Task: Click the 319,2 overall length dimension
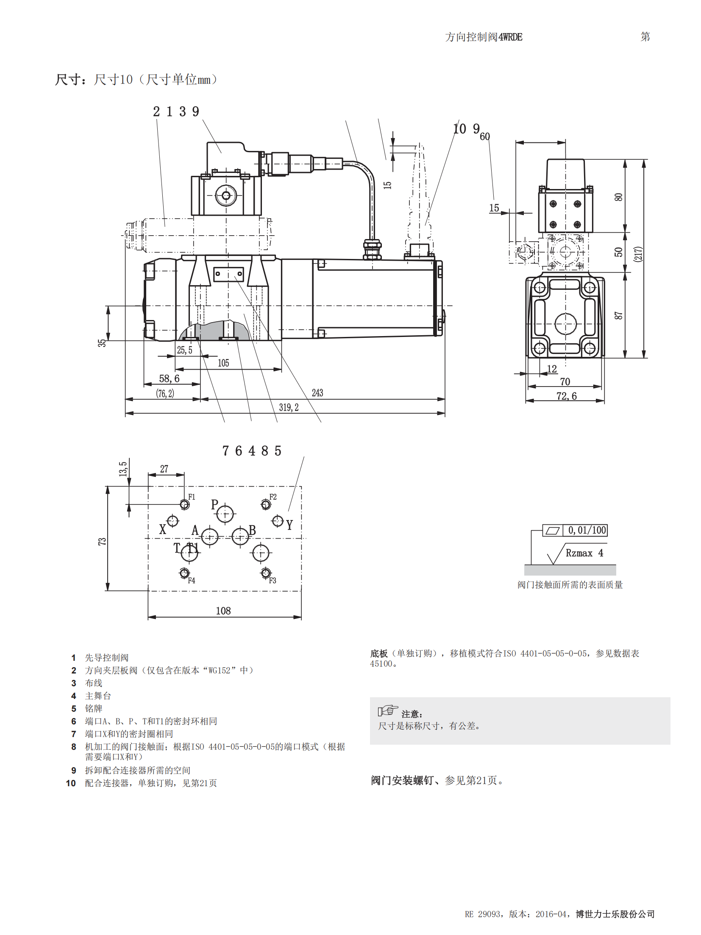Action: (289, 407)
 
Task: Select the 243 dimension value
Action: (317, 393)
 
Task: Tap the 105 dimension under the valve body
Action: (223, 363)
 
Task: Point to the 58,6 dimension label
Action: (169, 378)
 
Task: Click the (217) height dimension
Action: (638, 254)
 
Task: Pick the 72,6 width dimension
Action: (566, 396)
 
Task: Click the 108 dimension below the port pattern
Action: (223, 611)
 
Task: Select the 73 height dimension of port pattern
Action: (102, 541)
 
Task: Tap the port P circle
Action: (225, 514)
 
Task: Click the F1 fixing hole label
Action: (192, 497)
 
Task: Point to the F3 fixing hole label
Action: (273, 580)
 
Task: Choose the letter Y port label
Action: (289, 525)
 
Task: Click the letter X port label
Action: (162, 529)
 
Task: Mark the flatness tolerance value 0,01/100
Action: (587, 530)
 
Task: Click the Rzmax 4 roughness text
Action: (584, 553)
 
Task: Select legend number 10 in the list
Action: (71, 783)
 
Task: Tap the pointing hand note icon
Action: (388, 710)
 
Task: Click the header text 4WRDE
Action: (510, 37)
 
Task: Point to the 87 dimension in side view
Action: (618, 315)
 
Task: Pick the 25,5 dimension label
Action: (184, 350)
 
